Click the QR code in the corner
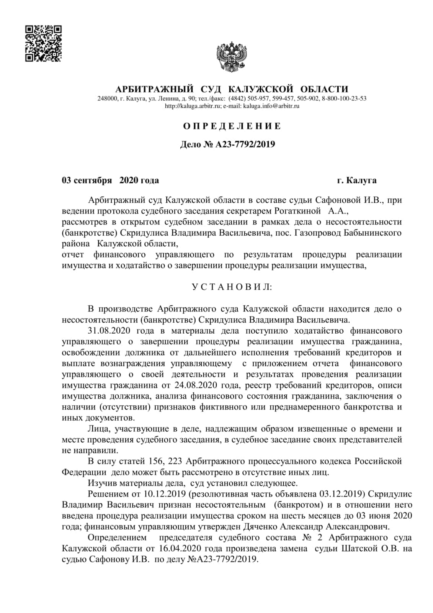pos(43,43)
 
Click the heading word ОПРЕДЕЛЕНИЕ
pos(232,126)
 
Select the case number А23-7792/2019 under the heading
pos(245,144)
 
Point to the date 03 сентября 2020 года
pos(110,180)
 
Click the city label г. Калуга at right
pos(357,180)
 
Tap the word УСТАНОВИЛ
pos(232,287)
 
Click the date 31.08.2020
pos(108,330)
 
